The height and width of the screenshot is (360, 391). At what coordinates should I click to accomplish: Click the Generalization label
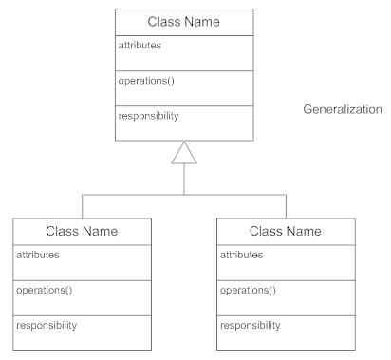343,109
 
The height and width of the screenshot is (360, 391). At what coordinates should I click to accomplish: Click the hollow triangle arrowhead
184,153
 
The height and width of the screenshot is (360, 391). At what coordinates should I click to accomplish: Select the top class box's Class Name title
184,21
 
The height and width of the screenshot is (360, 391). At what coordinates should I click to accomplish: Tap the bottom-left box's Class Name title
82,231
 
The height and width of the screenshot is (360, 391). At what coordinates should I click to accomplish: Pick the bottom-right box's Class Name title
285,231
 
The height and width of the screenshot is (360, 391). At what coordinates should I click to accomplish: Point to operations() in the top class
145,81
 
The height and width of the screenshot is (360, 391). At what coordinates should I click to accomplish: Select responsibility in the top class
149,116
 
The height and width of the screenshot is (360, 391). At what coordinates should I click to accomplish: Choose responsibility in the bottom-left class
47,326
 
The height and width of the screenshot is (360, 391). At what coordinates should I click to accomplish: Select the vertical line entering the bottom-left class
82,206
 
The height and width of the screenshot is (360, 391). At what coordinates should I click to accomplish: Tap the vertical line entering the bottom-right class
285,206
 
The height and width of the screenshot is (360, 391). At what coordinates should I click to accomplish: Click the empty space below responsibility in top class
184,131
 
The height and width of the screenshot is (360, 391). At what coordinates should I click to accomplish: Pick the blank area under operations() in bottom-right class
285,305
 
